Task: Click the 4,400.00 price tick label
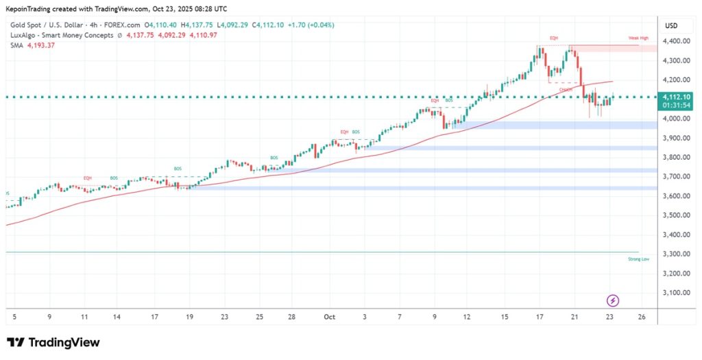[677, 41]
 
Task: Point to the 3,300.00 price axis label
[677, 254]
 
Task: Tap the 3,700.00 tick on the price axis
[677, 176]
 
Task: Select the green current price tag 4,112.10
[677, 97]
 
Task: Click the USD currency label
[671, 26]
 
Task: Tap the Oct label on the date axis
[329, 317]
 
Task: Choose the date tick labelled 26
[642, 317]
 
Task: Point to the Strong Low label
[638, 259]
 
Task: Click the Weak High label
[638, 38]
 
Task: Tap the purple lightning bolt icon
[613, 300]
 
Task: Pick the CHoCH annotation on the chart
[566, 90]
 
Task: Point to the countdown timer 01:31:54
[677, 106]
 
